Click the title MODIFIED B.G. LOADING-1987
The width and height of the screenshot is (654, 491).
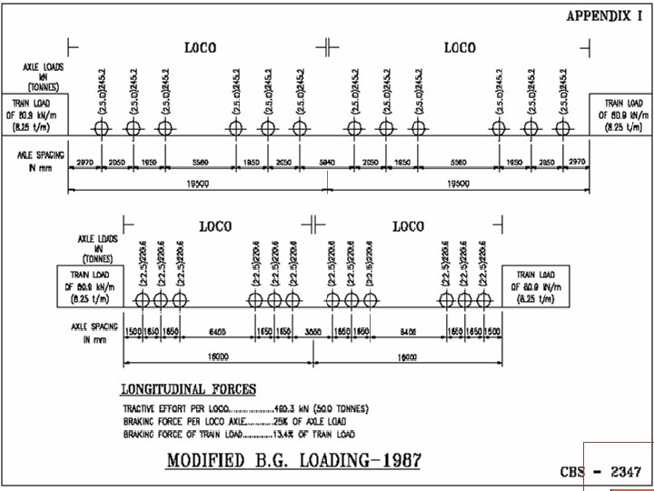293,459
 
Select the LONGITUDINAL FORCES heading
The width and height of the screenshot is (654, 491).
189,389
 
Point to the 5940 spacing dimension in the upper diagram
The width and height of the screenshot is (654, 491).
327,161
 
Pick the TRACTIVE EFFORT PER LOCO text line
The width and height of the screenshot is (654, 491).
245,408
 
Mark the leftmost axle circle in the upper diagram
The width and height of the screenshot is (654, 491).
102,128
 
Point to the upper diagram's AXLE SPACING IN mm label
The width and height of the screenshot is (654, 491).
38,161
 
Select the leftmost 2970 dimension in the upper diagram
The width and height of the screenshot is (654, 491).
84,161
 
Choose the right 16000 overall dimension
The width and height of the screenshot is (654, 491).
408,357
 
